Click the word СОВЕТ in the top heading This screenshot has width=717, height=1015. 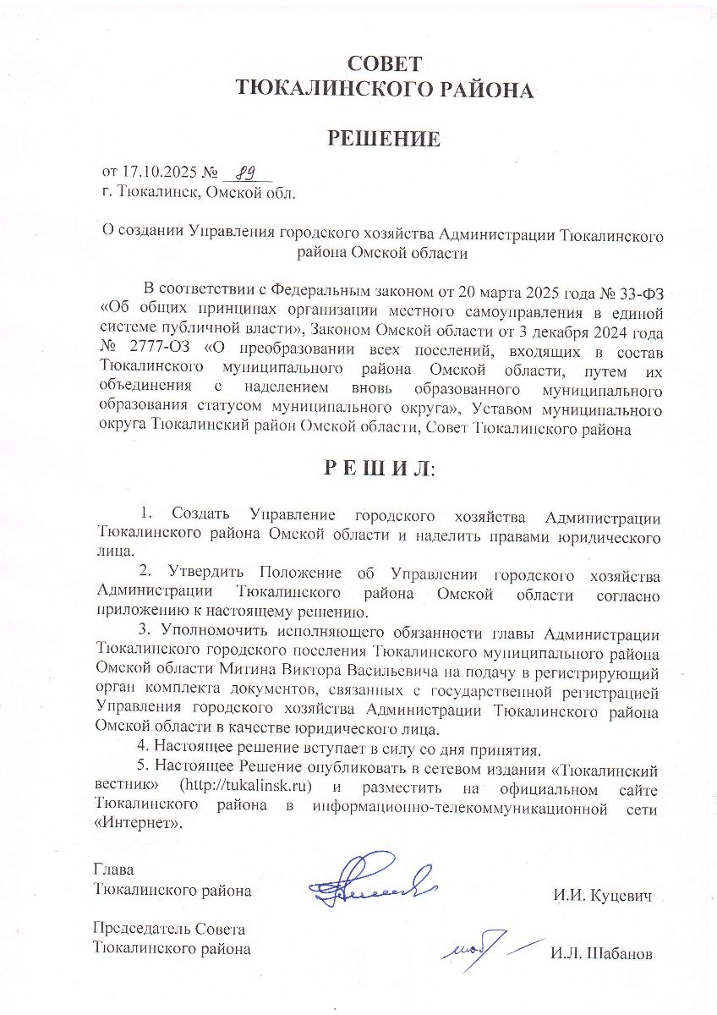[x=384, y=63]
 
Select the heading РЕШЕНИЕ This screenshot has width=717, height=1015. [x=384, y=139]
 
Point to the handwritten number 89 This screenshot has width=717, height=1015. [x=245, y=173]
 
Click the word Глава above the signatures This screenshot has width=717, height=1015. [x=113, y=870]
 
